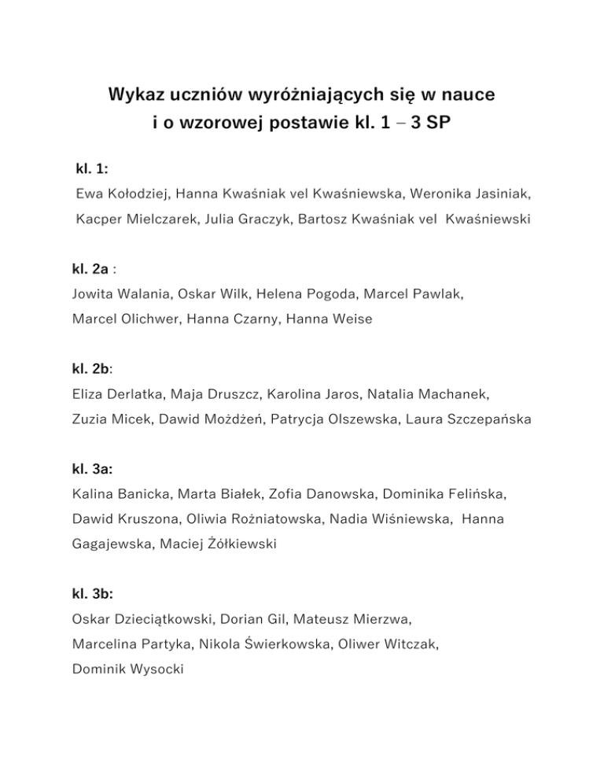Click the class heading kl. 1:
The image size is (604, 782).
tap(92, 168)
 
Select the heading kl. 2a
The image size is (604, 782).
tap(90, 269)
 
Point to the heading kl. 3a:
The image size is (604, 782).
tap(91, 469)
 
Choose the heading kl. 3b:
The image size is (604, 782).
tap(91, 595)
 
